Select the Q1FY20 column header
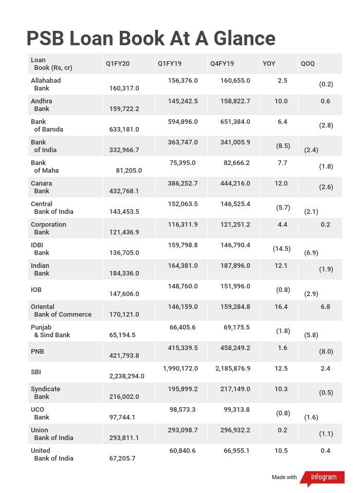pyautogui.click(x=118, y=64)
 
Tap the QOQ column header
pyautogui.click(x=308, y=64)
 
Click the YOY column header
pyautogui.click(x=269, y=64)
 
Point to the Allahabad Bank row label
pyautogui.click(x=45, y=84)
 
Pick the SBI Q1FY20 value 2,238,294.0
pyautogui.click(x=127, y=376)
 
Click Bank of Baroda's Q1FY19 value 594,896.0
pyautogui.click(x=183, y=122)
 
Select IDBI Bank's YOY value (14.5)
pyautogui.click(x=282, y=249)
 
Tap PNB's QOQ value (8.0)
pyautogui.click(x=326, y=352)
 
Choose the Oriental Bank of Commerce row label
pyautogui.click(x=61, y=311)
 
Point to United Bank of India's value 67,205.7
pyautogui.click(x=122, y=459)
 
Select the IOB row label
pyautogui.click(x=36, y=290)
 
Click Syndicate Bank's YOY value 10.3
pyautogui.click(x=281, y=389)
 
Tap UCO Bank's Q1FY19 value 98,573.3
pyautogui.click(x=183, y=410)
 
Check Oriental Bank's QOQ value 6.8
pyautogui.click(x=325, y=307)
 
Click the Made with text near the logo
pyautogui.click(x=284, y=478)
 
